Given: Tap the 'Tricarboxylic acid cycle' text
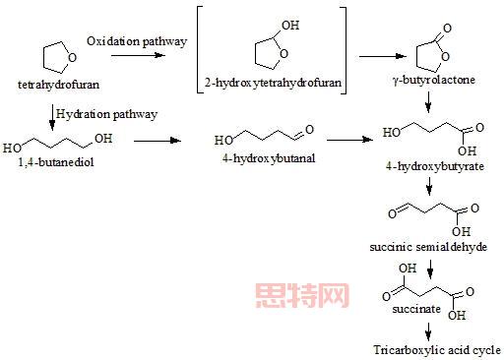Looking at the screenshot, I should [437, 349].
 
